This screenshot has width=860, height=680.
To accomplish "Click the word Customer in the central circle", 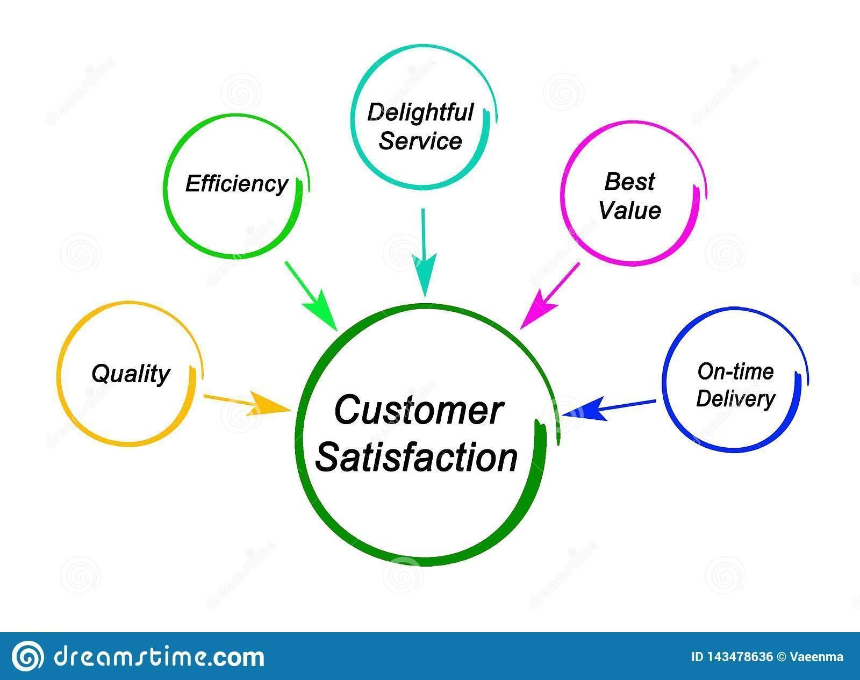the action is (x=418, y=410).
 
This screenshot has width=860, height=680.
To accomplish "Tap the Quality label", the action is (x=131, y=374).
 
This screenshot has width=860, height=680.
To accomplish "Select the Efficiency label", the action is (x=236, y=184).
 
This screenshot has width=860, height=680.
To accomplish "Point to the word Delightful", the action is (x=420, y=112).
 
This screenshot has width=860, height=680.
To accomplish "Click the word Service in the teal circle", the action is (x=420, y=141).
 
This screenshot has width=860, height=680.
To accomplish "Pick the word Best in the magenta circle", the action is (x=629, y=182).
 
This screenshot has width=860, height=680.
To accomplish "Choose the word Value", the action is (x=629, y=210).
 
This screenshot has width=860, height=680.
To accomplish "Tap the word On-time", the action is (x=735, y=371).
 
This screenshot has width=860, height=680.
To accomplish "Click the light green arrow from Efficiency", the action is (x=311, y=296).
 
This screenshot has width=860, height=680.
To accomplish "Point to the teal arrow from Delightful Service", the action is (x=424, y=253).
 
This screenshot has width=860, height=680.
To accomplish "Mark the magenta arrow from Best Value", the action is (x=550, y=296).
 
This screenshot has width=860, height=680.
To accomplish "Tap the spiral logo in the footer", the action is (x=27, y=656).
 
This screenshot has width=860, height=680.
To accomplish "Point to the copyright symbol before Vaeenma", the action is (x=782, y=657).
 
